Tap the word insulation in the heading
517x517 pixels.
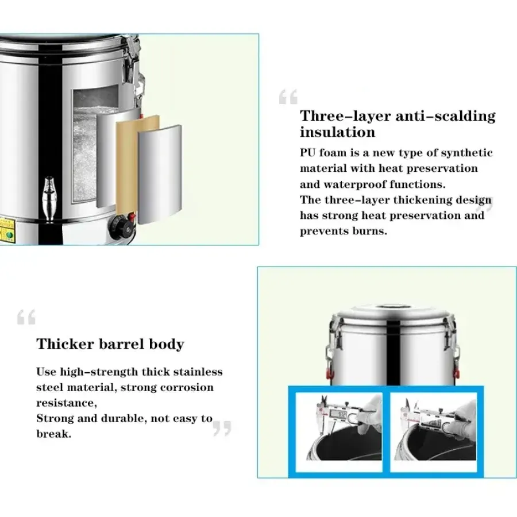337,133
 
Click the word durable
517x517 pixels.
124,418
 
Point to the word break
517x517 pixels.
54,434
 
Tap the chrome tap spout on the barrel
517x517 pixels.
49,198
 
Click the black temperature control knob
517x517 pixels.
122,226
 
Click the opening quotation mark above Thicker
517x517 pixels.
26,317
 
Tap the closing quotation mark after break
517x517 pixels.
222,428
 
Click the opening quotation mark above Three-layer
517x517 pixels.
288,97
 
